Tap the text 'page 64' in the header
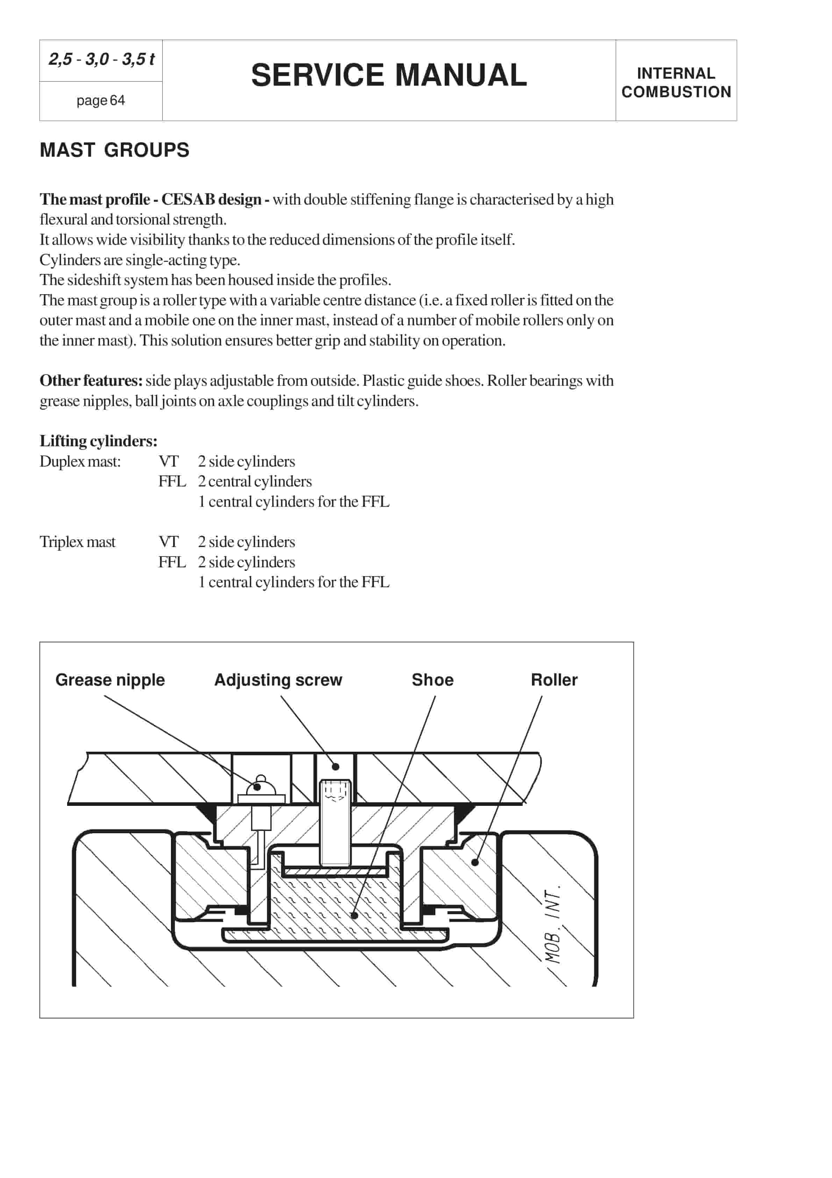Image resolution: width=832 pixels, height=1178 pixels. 101,101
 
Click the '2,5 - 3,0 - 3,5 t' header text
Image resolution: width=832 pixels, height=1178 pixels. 101,59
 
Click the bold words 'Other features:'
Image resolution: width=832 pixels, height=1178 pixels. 91,381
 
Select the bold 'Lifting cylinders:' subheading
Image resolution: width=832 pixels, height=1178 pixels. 99,441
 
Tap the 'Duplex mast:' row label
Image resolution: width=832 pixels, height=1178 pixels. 80,461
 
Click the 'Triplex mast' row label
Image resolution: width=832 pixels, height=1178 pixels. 78,542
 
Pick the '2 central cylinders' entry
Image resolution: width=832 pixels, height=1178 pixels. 254,481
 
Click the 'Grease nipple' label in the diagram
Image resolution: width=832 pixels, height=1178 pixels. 110,680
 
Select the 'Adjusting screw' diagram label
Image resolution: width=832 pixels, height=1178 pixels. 278,680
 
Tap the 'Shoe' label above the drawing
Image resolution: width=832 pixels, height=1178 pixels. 432,680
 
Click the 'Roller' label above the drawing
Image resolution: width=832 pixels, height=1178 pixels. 554,680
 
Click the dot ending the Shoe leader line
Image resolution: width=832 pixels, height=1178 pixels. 354,915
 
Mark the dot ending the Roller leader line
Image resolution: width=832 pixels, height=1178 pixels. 475,863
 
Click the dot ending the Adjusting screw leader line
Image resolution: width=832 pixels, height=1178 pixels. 336,767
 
